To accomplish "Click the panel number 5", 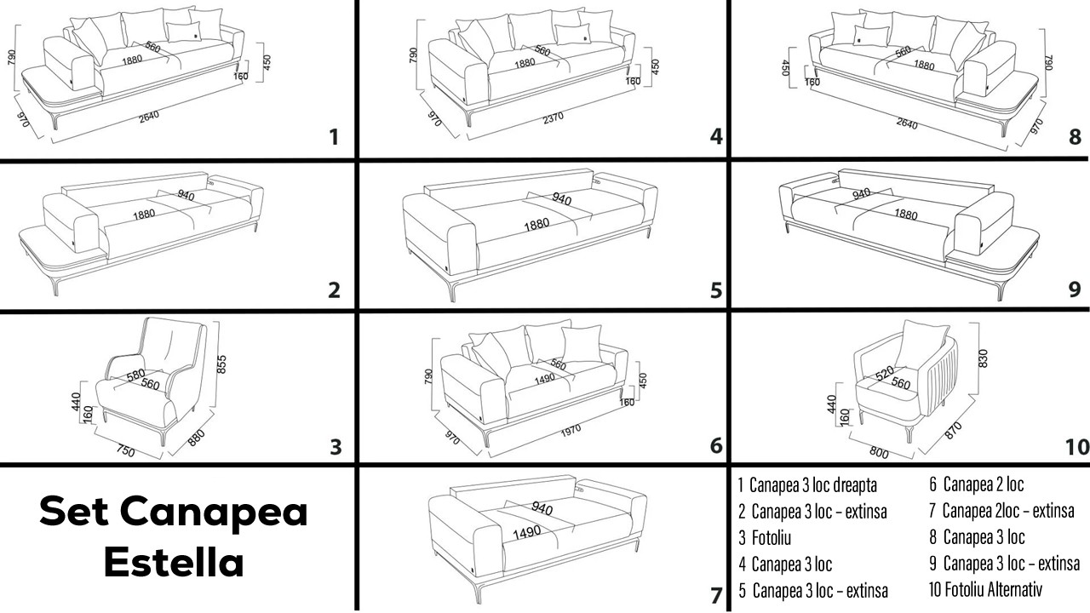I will coord(716,291).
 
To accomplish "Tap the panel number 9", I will coord(1075,289).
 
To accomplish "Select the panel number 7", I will coord(716,595).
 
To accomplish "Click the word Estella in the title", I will coord(174,562).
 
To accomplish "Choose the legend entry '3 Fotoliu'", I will coord(766,538).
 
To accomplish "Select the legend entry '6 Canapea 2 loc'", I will coord(976,485).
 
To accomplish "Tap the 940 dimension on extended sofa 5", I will coord(561,199).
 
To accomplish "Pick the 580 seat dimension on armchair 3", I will coord(135,375).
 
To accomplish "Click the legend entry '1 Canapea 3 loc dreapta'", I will coord(807,485).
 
